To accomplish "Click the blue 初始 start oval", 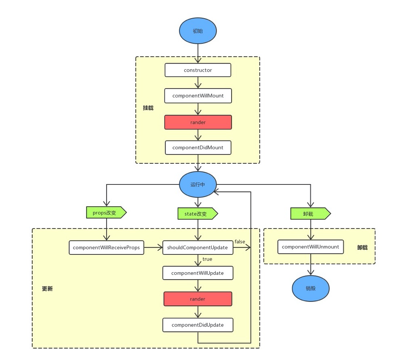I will [198, 31].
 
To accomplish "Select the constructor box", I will [198, 70].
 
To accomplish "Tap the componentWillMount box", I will [198, 96].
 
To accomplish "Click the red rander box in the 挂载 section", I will [198, 122].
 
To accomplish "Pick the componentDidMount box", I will [198, 148].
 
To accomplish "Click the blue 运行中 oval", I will [198, 184].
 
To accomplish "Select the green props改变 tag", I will [106, 212].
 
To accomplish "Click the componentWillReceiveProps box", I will [106, 247].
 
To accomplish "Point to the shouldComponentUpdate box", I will [198, 247].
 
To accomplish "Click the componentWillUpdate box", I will [198, 273].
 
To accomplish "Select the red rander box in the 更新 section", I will [198, 299].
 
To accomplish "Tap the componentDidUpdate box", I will [198, 325].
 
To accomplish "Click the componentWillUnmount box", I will [310, 247].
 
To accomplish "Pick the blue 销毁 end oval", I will [311, 288].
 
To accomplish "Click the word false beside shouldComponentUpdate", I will [240, 241].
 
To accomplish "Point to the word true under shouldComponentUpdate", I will [207, 259].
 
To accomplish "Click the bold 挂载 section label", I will [148, 108].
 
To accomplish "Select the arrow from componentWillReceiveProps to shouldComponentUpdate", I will [153, 247].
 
